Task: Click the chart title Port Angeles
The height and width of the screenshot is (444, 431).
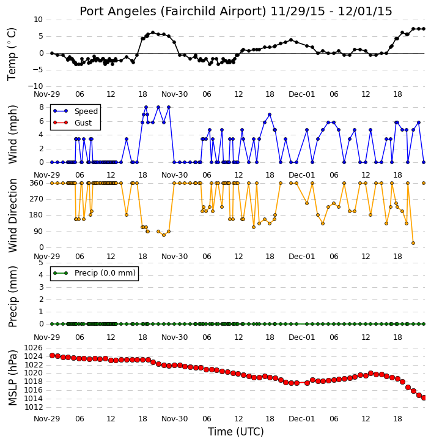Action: point(117,12)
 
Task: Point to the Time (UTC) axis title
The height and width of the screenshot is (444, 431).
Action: point(236,432)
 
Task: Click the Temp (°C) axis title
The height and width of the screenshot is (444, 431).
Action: point(12,55)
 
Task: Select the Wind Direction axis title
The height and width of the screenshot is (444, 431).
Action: point(12,216)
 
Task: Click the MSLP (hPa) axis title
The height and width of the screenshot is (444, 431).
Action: point(12,378)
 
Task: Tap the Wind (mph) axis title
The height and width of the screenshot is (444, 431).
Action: point(12,135)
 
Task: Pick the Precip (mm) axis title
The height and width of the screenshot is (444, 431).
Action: point(12,297)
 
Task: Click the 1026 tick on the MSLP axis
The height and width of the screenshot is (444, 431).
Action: point(34,348)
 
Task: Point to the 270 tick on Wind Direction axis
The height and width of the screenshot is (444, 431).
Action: point(37,199)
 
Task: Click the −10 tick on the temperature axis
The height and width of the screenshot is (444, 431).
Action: point(35,86)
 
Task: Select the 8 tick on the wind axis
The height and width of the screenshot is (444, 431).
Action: point(42,107)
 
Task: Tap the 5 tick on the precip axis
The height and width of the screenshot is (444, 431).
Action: point(41,263)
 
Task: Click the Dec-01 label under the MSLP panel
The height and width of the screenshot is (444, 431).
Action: point(301,418)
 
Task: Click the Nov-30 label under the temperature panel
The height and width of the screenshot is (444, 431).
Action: point(174,94)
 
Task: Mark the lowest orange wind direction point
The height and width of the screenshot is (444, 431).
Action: point(413,243)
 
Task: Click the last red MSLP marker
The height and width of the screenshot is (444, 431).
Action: point(424,398)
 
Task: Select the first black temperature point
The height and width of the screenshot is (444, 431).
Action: point(52,53)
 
